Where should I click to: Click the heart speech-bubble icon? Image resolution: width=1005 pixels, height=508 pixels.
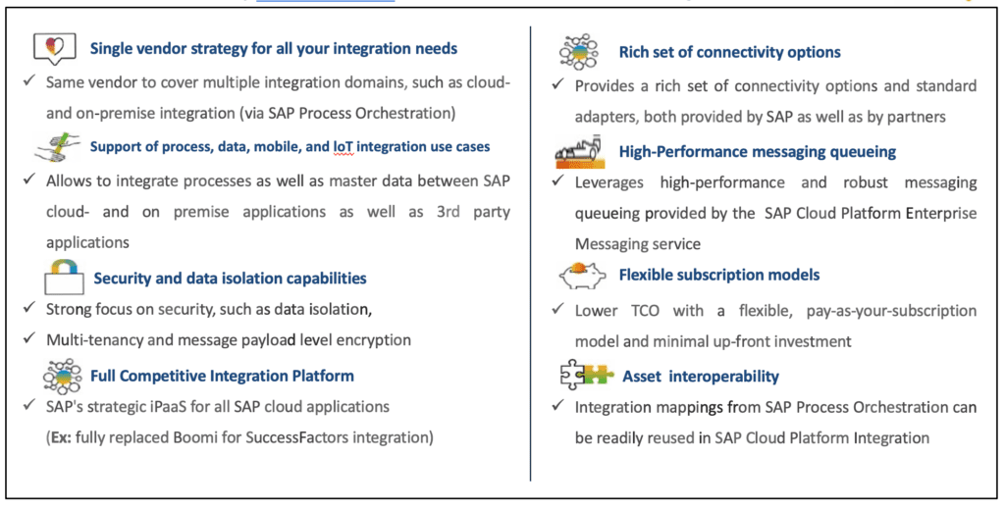click(55, 48)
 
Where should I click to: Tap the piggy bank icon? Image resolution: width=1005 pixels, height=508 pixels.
click(582, 275)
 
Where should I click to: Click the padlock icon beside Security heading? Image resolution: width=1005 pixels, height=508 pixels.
click(64, 277)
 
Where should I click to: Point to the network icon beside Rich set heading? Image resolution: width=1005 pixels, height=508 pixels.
click(578, 51)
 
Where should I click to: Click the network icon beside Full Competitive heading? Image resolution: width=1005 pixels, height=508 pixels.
click(62, 376)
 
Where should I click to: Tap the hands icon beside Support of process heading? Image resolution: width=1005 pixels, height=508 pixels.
click(58, 147)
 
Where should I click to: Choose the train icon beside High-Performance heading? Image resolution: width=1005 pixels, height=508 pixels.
click(579, 151)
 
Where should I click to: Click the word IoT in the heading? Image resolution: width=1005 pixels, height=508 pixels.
click(343, 147)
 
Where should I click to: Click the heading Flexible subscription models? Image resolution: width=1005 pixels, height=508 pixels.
click(719, 275)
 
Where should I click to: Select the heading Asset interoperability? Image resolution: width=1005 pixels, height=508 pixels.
click(701, 376)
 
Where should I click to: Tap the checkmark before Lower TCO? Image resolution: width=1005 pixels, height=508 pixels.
click(557, 310)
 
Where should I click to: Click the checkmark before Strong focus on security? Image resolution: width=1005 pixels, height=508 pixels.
click(28, 308)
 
